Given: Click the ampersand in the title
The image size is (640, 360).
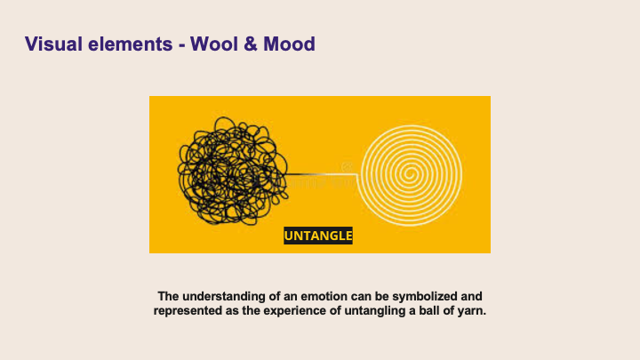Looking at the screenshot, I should (x=253, y=43).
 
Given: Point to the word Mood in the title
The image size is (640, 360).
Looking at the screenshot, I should (x=290, y=43).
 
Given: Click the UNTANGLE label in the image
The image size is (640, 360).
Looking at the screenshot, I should (x=318, y=236).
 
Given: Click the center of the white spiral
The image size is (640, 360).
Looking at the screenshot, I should (x=413, y=170).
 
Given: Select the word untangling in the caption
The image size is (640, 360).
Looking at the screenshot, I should (x=372, y=310).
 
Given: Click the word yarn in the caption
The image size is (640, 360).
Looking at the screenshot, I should (x=470, y=310).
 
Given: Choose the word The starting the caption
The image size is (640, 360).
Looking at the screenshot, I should (x=168, y=295).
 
